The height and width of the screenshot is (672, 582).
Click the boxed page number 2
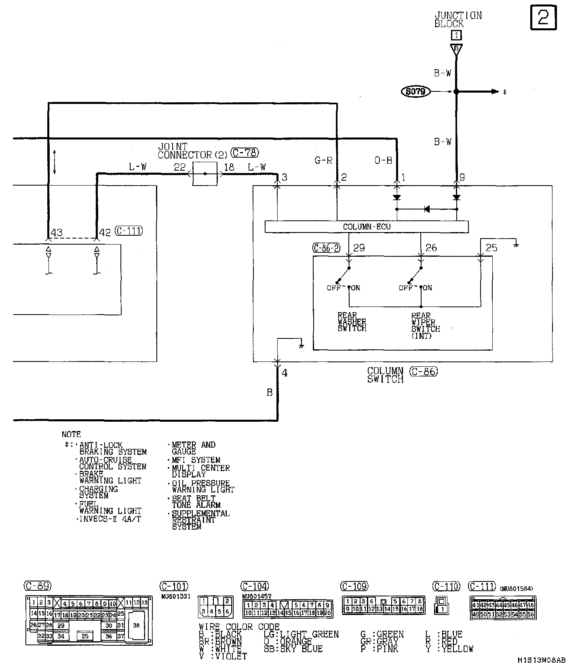point(543,17)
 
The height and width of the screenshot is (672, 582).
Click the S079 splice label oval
point(415,92)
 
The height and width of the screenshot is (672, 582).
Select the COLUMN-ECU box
point(366,227)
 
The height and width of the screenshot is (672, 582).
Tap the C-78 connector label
point(245,153)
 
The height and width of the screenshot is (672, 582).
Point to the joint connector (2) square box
point(205,174)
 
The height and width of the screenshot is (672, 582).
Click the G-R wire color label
point(323,161)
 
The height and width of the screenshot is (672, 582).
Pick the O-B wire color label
point(383,161)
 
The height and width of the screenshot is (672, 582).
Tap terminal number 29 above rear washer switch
point(359,248)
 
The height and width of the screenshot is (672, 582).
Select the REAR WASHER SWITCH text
point(352,322)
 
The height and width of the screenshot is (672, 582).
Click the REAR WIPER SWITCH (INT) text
point(426,325)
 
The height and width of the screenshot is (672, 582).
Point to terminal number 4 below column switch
point(285,373)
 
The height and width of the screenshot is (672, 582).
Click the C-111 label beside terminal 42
point(129,231)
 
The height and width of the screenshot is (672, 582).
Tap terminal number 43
point(57,232)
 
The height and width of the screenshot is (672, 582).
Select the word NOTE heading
point(71,435)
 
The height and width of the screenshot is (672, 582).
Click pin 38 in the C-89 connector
point(136,625)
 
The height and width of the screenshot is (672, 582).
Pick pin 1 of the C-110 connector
point(443,609)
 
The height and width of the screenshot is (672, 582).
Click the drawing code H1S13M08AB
point(541,660)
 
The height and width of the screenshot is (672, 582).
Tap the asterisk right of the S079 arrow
point(505,93)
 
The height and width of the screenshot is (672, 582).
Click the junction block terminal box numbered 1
point(456,35)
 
